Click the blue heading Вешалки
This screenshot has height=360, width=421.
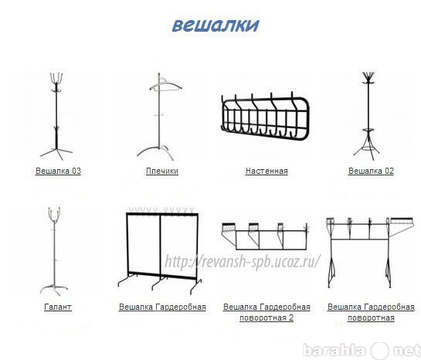[216, 25]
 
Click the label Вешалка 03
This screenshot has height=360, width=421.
[58, 171]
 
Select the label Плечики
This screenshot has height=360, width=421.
[162, 171]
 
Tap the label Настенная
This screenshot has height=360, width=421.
[267, 171]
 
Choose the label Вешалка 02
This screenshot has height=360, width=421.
[371, 171]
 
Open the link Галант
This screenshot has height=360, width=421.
[58, 307]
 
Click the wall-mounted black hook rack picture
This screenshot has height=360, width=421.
[265, 116]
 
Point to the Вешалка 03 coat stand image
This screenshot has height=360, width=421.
[56, 116]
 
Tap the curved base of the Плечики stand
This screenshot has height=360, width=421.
[153, 151]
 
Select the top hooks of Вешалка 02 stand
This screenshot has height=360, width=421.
[368, 78]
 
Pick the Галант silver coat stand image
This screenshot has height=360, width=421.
[54, 251]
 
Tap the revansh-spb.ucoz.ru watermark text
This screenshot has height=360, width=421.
[243, 261]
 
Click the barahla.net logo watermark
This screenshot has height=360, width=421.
[362, 350]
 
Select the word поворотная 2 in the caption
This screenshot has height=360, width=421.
[267, 318]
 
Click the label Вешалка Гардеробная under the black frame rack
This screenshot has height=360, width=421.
[162, 307]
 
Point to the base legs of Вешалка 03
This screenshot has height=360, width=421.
[56, 153]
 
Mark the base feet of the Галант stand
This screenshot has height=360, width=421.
[54, 290]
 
